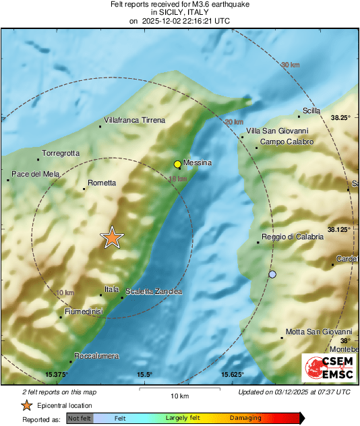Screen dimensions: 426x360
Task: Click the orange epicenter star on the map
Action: click(112, 237)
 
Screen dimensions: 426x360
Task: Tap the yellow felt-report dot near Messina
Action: click(177, 164)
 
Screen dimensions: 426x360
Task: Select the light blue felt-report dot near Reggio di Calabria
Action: click(272, 274)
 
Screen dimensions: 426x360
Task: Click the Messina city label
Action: click(198, 163)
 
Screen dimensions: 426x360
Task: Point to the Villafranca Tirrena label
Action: click(134, 121)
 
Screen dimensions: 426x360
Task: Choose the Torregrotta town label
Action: click(61, 154)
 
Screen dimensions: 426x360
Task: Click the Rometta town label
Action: click(102, 183)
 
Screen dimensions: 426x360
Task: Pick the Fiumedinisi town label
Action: click(84, 311)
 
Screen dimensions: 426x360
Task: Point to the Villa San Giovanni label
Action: click(277, 131)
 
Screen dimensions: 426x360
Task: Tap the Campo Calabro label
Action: click(287, 142)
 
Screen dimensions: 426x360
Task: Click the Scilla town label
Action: click(311, 111)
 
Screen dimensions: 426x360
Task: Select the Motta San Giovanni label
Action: click(319, 332)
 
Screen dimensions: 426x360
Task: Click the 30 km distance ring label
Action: click(290, 65)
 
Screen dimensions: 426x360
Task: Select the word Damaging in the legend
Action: click(245, 418)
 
